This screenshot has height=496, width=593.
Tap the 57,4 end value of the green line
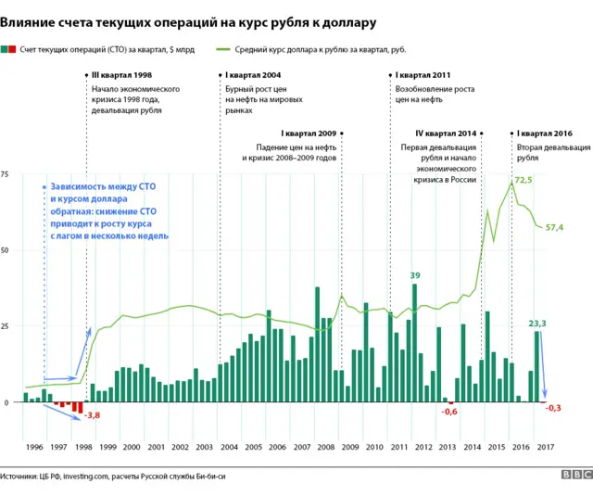coord(555,227)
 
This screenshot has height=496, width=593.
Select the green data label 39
coord(415,275)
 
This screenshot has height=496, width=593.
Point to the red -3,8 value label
coord(92,415)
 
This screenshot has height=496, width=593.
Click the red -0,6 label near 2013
coord(449,411)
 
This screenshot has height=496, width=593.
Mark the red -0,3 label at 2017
coord(554,408)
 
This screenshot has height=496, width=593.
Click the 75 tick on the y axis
coord(5,174)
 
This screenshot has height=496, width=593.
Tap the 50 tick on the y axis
coord(5,250)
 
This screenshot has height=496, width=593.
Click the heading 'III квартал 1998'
coord(123,74)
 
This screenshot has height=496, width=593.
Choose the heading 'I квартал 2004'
coord(253,74)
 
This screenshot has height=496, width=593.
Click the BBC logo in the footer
coord(576,475)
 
